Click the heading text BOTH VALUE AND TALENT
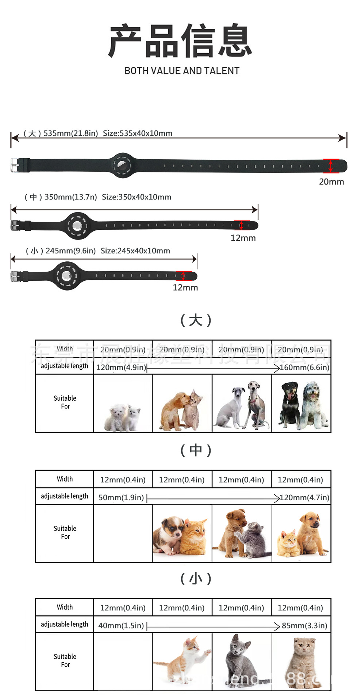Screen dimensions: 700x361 pyautogui.click(x=182, y=71)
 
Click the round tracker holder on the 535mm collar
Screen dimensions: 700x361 pyautogui.click(x=123, y=166)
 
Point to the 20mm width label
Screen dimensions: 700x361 pyautogui.click(x=331, y=182)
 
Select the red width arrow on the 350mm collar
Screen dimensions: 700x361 pyautogui.click(x=241, y=225)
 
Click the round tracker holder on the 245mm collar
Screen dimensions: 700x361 pyautogui.click(x=67, y=276)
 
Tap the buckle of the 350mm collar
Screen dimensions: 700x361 pyautogui.click(x=15, y=225)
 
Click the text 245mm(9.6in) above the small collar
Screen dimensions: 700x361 pyautogui.click(x=70, y=251)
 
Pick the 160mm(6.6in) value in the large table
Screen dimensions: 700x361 pyautogui.click(x=304, y=367)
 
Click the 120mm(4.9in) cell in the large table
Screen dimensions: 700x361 pyautogui.click(x=121, y=367)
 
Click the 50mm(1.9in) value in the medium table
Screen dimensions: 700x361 pyautogui.click(x=121, y=498)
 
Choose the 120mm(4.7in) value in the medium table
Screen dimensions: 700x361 pyautogui.click(x=304, y=498)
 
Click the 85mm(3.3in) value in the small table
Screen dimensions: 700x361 pyautogui.click(x=304, y=626)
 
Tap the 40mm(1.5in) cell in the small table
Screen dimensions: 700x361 pyautogui.click(x=121, y=626)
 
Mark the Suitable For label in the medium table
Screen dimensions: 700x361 pyautogui.click(x=65, y=532)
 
